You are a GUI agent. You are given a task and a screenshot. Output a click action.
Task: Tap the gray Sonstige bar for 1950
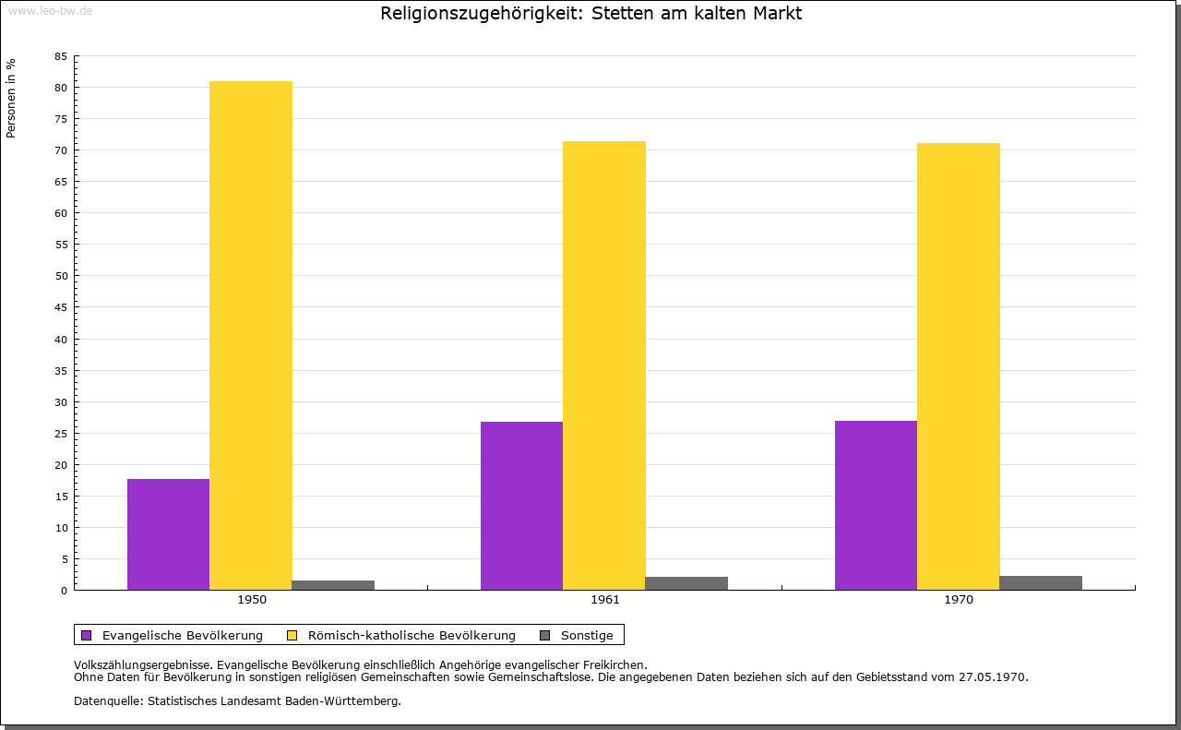(x=333, y=585)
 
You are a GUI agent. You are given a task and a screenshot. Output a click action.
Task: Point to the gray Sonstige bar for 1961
(x=686, y=583)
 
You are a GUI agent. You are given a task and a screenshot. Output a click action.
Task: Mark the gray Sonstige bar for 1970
(x=1041, y=582)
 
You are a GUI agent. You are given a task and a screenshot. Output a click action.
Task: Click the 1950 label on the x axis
(x=252, y=600)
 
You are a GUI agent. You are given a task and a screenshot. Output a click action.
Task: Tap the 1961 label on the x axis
(x=605, y=600)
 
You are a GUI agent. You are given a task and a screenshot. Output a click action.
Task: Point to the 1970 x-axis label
(x=959, y=600)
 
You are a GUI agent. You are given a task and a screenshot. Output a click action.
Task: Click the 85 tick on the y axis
(x=61, y=56)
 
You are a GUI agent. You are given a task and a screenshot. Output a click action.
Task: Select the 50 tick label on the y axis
(x=61, y=276)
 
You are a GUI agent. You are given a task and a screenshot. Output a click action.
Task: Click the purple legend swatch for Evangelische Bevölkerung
(x=87, y=635)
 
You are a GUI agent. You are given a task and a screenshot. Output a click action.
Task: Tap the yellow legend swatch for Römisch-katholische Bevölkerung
(x=292, y=635)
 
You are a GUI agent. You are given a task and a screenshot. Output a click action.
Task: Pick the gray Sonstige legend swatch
(x=544, y=635)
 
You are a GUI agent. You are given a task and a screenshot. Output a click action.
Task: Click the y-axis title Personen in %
(x=11, y=98)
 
